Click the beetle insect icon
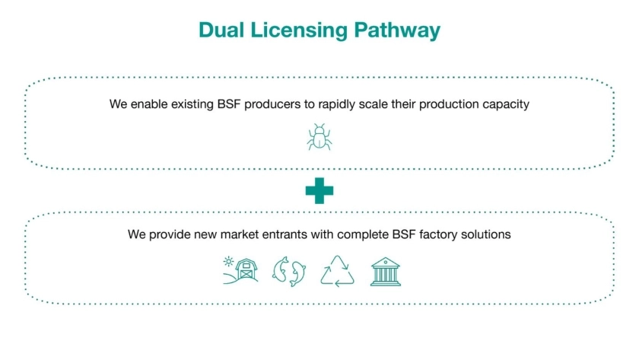319,137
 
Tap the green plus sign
319,190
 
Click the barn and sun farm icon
240,272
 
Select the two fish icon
289,272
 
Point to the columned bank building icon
386,272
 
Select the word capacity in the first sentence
506,104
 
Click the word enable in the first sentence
148,104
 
